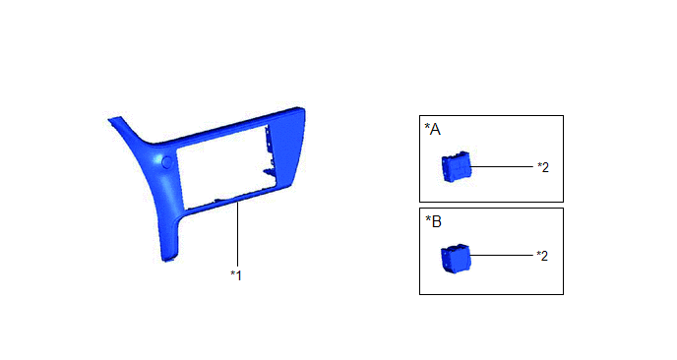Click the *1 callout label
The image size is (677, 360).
236,275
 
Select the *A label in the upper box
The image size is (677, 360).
433,129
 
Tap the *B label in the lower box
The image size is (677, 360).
434,221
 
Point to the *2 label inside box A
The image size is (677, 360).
543,167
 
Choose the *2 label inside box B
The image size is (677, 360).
542,256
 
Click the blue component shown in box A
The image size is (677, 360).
456,166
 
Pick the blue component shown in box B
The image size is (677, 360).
455,258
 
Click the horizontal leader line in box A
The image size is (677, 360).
502,166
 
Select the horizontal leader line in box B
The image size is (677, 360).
501,255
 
